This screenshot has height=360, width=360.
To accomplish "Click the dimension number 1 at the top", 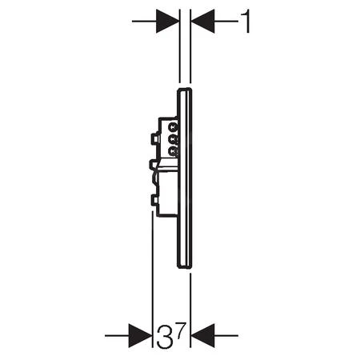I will point(246,21).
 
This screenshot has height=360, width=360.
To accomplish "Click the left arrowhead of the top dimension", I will point(167,21).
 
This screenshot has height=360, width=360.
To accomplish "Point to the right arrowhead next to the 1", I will point(202,21).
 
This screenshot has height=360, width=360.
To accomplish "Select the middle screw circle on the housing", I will point(173,138).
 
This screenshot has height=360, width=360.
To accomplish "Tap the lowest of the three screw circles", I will point(173,148).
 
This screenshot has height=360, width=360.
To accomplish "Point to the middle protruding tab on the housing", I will point(154,165).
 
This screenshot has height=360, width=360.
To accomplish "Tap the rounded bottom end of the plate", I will point(185,267).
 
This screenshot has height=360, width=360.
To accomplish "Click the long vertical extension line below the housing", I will point(152,264).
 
